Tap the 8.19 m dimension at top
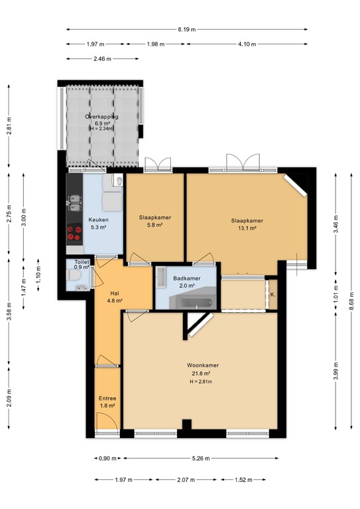(x=187, y=29)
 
